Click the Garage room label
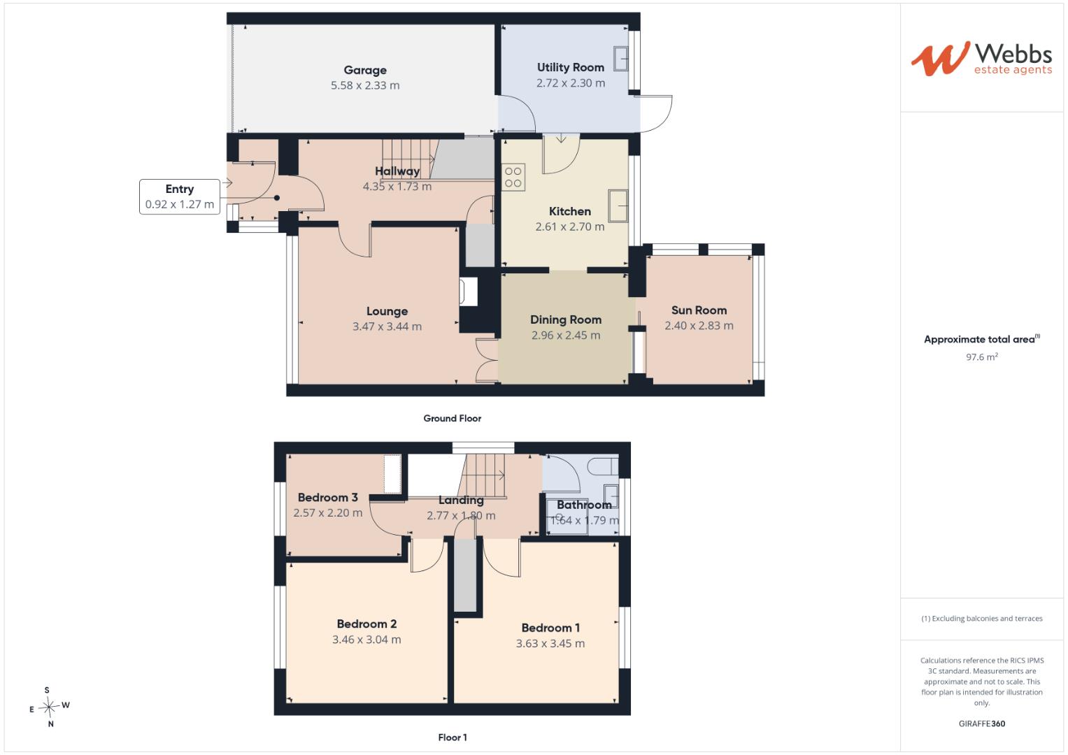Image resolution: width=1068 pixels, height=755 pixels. click(364, 70)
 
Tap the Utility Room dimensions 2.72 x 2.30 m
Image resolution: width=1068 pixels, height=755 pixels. click(571, 83)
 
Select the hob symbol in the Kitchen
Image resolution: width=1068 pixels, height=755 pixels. click(513, 178)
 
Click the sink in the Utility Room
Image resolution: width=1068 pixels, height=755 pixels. click(621, 59)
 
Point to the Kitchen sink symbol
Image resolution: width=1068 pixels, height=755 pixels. click(618, 206)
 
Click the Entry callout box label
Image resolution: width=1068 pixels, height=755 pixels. click(180, 189)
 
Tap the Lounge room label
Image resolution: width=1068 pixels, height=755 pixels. click(387, 311)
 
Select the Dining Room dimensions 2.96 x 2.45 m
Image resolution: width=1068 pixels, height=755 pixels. click(566, 335)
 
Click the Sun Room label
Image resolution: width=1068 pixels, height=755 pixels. click(699, 310)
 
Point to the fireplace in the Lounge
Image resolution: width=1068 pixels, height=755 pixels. click(468, 292)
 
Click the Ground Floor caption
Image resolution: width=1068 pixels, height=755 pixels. click(453, 418)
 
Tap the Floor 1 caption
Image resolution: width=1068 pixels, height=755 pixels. click(453, 738)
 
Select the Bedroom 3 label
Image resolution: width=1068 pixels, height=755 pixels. click(327, 497)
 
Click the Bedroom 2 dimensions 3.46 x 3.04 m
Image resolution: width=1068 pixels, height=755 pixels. click(366, 639)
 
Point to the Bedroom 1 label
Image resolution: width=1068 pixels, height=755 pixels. click(550, 628)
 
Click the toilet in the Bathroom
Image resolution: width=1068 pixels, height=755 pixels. click(603, 466)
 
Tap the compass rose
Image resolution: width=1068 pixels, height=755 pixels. click(49, 706)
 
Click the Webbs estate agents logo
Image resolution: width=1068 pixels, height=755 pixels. click(982, 59)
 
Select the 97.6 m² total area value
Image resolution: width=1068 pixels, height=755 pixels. click(982, 357)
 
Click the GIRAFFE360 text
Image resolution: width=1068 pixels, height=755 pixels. click(982, 724)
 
